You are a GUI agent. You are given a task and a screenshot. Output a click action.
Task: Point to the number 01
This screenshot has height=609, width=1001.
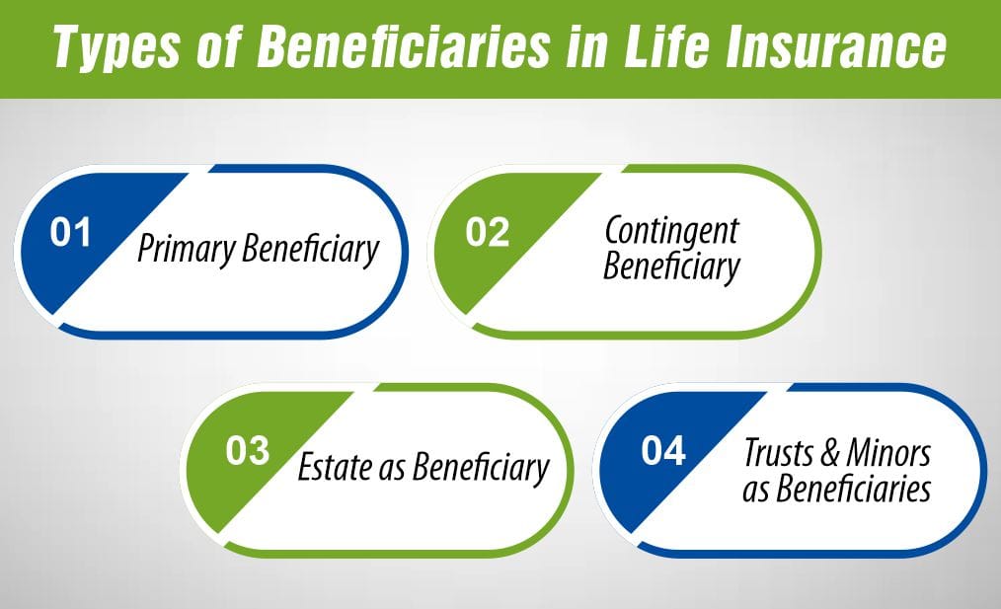(71, 235)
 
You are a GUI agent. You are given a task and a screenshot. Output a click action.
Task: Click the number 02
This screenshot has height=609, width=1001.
(488, 235)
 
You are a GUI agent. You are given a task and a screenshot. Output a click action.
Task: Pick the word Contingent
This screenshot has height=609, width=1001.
(671, 231)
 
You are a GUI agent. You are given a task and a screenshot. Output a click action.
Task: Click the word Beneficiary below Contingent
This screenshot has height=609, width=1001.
(671, 266)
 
